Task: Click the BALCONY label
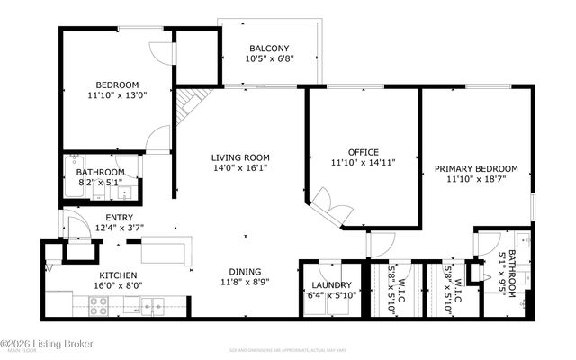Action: (x=270, y=49)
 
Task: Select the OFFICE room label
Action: (x=363, y=152)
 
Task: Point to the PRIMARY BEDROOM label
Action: (x=476, y=168)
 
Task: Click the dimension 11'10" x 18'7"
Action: (x=476, y=179)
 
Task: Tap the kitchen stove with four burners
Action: (x=98, y=310)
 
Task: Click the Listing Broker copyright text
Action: (x=38, y=343)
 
